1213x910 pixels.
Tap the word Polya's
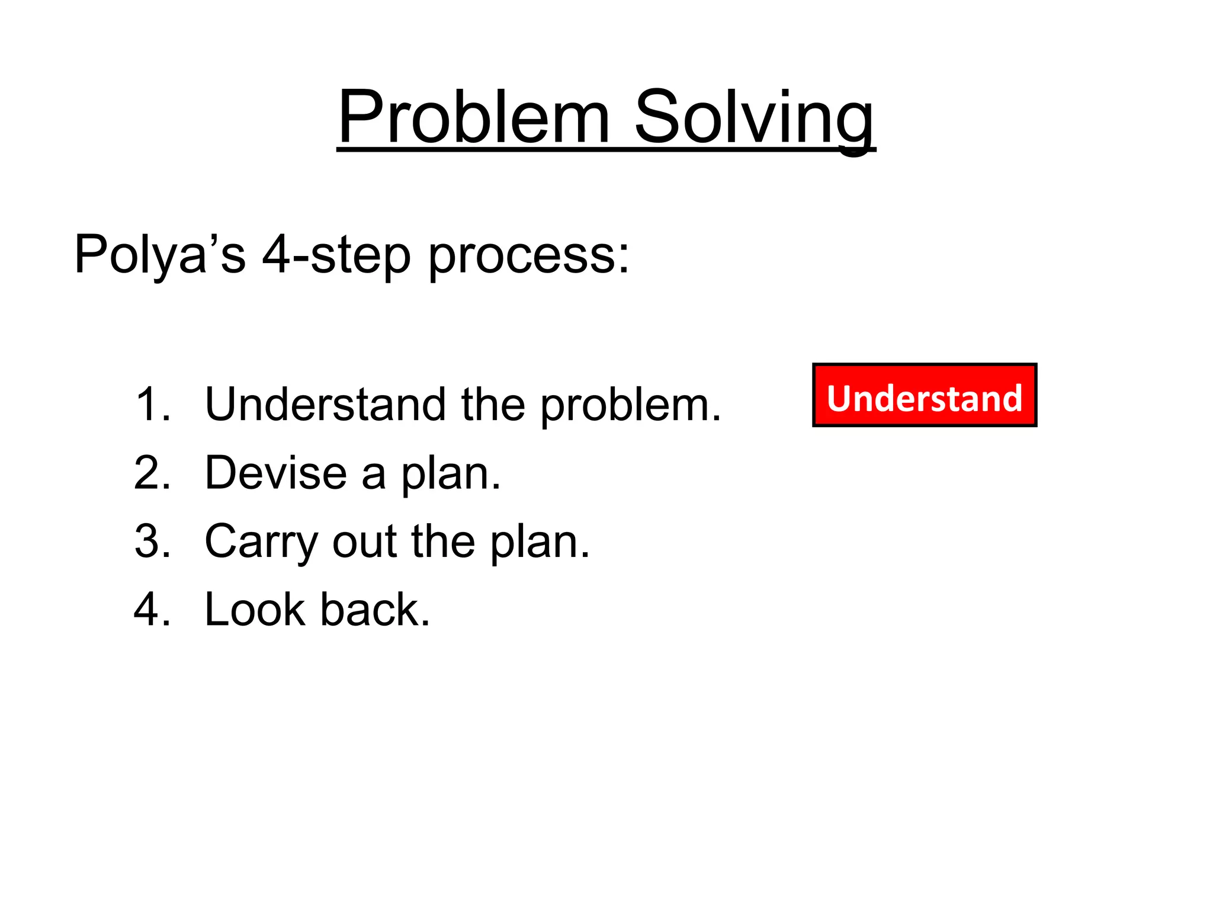pos(159,255)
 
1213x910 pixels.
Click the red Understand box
pos(924,395)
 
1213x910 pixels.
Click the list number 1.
pos(152,405)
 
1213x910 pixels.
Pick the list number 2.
pos(152,473)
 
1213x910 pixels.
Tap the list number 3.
pos(152,541)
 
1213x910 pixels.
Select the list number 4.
pos(152,609)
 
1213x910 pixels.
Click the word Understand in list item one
pos(325,405)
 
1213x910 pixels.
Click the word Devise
pos(275,473)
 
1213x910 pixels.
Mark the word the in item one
pos(493,405)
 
